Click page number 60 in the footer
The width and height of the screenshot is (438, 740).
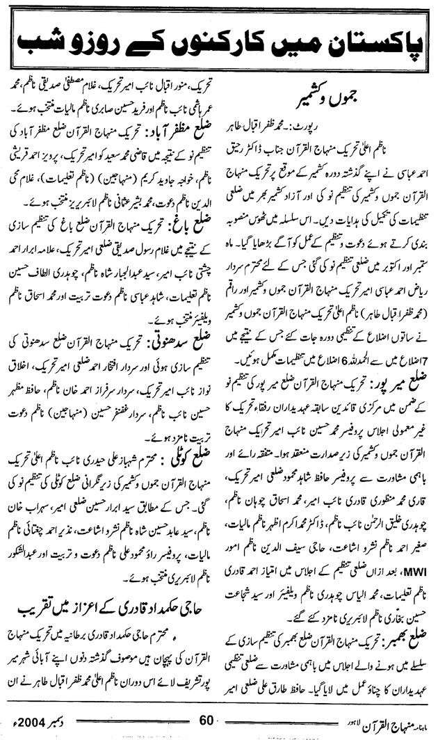coord(209,719)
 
